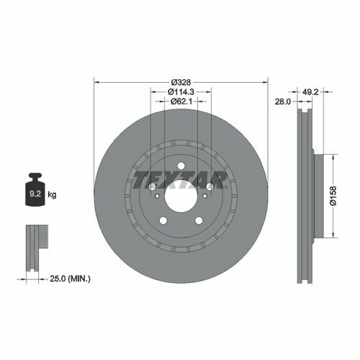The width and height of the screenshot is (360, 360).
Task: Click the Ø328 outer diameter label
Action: tap(181, 82)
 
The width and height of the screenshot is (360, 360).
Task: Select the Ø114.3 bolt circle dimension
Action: tap(181, 91)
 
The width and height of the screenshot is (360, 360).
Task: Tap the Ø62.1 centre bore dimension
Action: tap(181, 102)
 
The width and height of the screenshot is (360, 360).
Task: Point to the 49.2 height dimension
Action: tap(310, 92)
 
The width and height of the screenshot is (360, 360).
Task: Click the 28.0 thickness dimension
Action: tap(282, 102)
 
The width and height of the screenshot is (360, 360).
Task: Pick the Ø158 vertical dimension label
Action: tap(333, 196)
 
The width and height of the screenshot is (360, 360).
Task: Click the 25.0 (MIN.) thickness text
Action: tap(70, 279)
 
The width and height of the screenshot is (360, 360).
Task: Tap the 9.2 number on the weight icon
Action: tap(35, 194)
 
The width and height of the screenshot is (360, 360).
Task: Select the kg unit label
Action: tap(52, 194)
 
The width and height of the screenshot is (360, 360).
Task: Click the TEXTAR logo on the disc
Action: tap(180, 179)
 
